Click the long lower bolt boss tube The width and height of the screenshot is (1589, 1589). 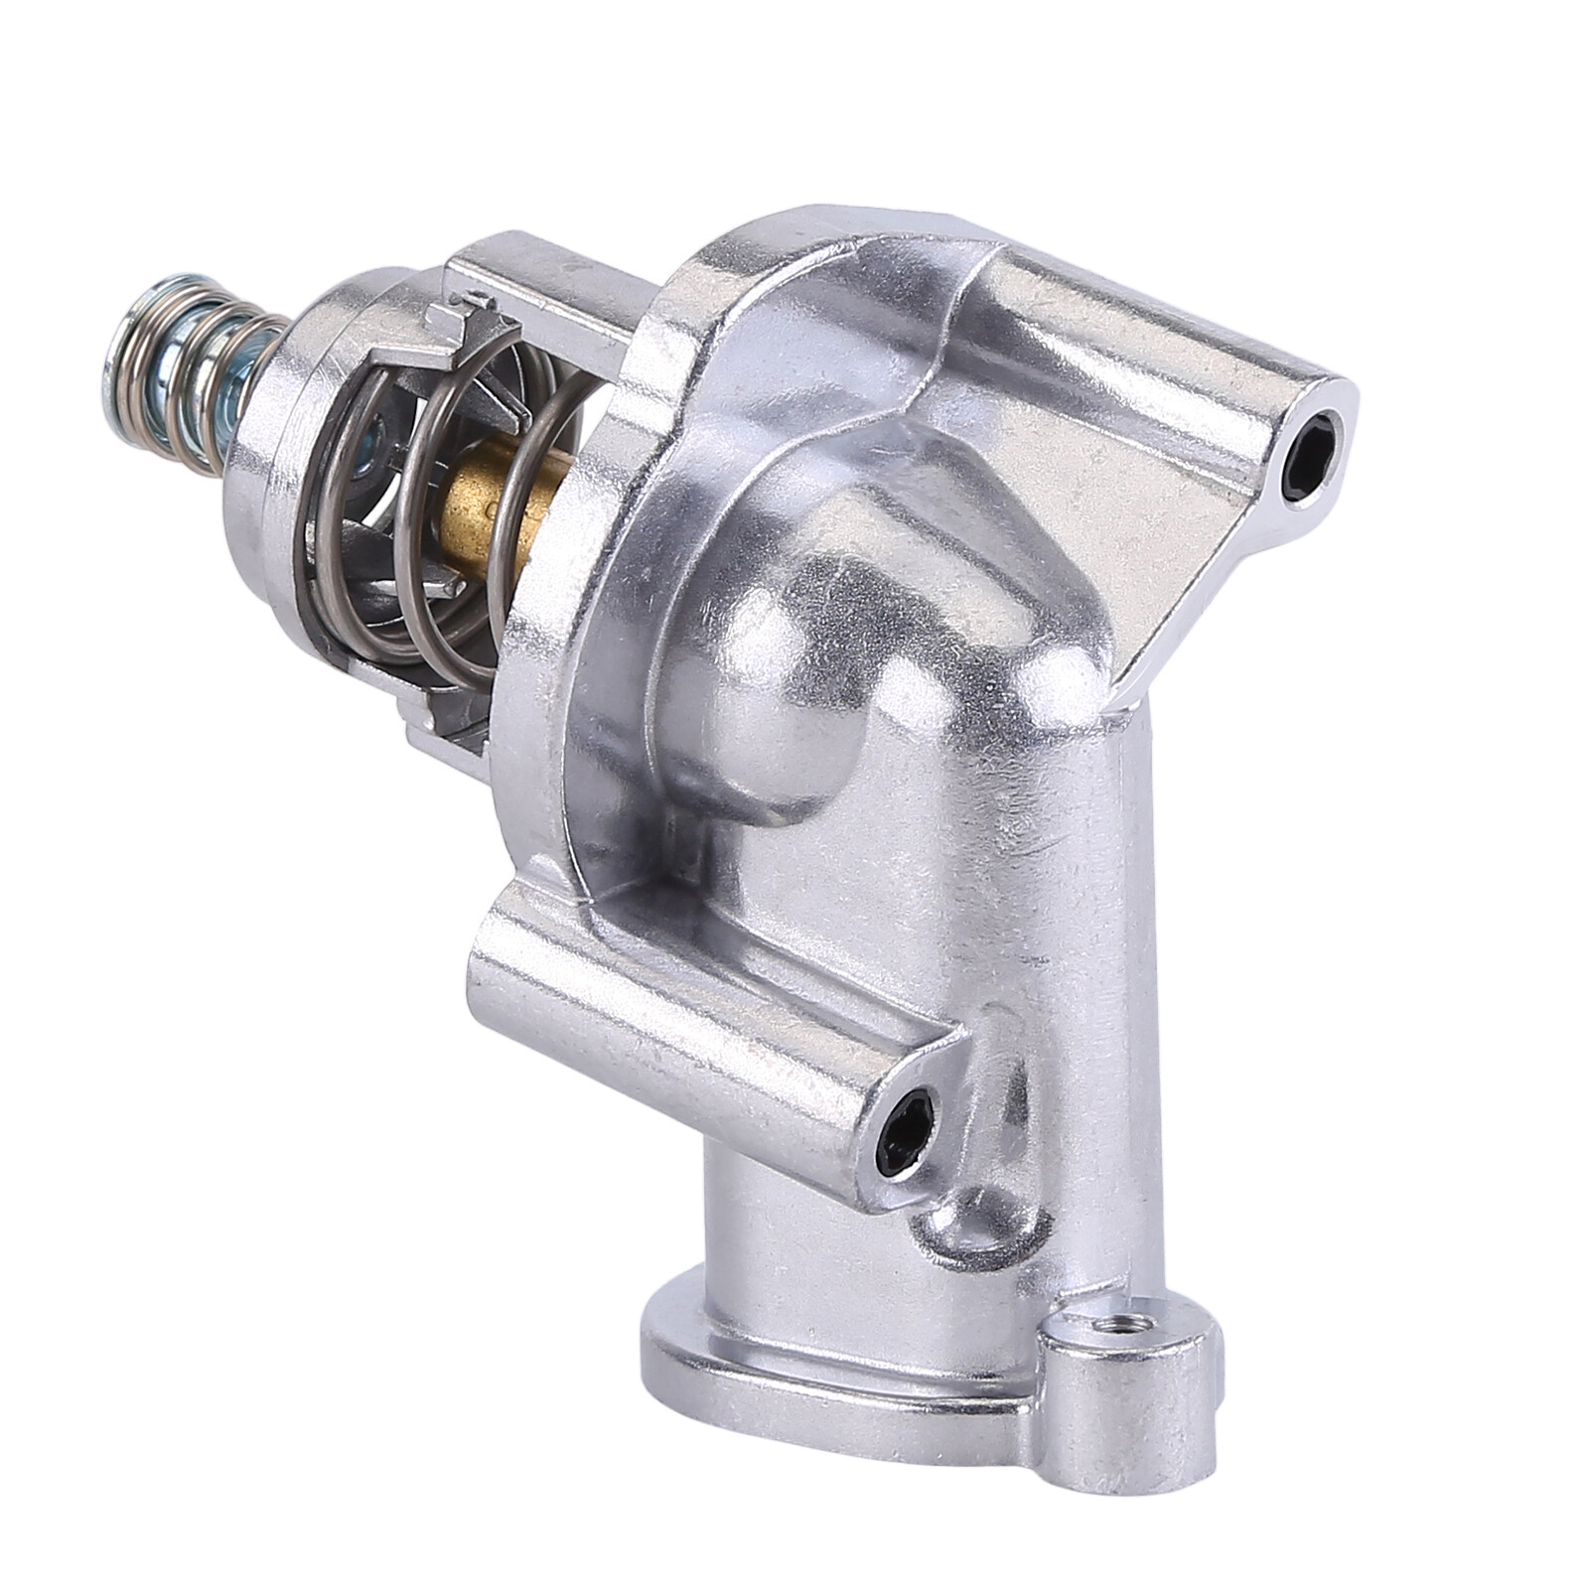675,1023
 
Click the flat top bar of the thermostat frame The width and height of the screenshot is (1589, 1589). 556,268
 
